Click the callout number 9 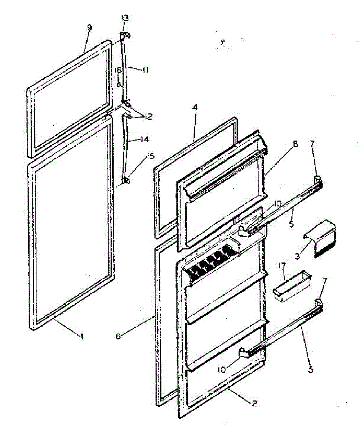coord(89,28)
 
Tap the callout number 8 coord(295,144)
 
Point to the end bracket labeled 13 coord(124,35)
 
